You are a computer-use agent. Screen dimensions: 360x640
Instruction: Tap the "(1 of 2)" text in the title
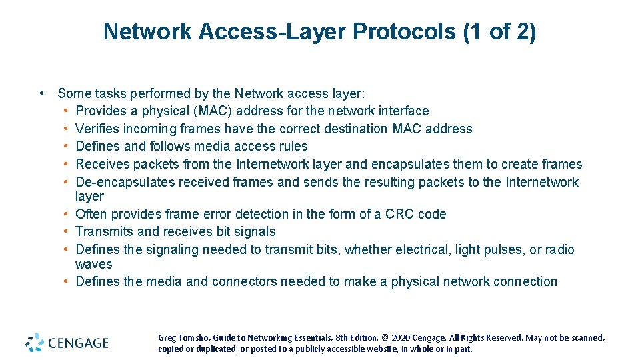pos(499,31)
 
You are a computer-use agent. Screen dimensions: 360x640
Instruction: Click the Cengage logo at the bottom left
pos(67,343)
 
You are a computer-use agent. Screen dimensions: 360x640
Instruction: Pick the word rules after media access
pos(293,146)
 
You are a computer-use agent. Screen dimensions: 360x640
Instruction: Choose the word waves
pos(93,264)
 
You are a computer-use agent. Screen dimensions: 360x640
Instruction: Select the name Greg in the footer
pos(167,338)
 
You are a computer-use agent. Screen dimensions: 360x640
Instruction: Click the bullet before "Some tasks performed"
pos(42,93)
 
